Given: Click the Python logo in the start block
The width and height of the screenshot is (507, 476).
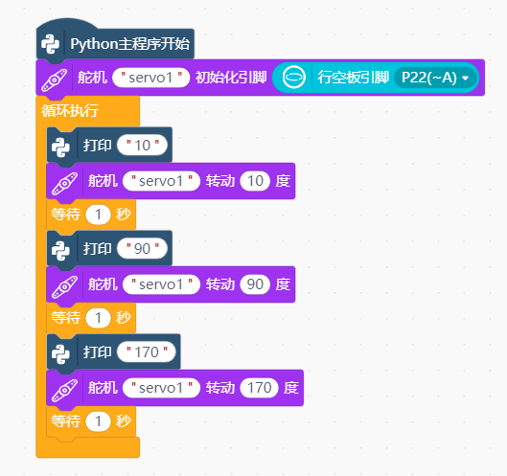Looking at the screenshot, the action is [x=50, y=44].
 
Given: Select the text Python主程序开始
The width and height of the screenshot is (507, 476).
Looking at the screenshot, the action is [x=129, y=44].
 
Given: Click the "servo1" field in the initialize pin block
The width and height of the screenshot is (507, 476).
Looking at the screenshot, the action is [x=150, y=78].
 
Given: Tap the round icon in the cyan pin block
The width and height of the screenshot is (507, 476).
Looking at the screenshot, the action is [x=293, y=78].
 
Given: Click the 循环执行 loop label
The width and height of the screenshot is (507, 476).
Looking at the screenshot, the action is [x=70, y=111].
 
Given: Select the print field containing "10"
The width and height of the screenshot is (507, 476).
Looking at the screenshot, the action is [x=142, y=145].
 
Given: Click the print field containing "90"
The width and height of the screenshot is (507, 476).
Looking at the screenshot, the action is [x=142, y=248].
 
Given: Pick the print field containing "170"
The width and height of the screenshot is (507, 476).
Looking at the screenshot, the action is [x=147, y=351].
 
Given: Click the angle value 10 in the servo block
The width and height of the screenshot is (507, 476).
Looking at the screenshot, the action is [x=255, y=181].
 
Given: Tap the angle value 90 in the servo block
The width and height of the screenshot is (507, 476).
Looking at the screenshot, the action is [x=255, y=284].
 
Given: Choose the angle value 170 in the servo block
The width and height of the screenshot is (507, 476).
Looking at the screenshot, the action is [x=260, y=388].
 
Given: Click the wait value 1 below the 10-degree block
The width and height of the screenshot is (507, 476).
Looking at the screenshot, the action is [x=99, y=215].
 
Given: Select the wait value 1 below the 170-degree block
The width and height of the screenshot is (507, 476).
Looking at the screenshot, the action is [x=99, y=421].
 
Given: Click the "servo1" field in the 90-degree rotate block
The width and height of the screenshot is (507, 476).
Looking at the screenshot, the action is [x=161, y=284].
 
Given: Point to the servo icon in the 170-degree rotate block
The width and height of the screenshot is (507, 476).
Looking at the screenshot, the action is [x=64, y=391].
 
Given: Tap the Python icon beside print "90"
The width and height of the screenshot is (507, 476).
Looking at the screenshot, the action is [x=60, y=251].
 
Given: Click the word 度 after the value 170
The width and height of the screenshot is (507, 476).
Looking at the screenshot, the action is [x=291, y=388].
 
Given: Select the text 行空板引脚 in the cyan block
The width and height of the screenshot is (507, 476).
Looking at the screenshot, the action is [x=353, y=78].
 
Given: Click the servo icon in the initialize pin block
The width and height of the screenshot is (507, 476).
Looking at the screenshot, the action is [x=55, y=80].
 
